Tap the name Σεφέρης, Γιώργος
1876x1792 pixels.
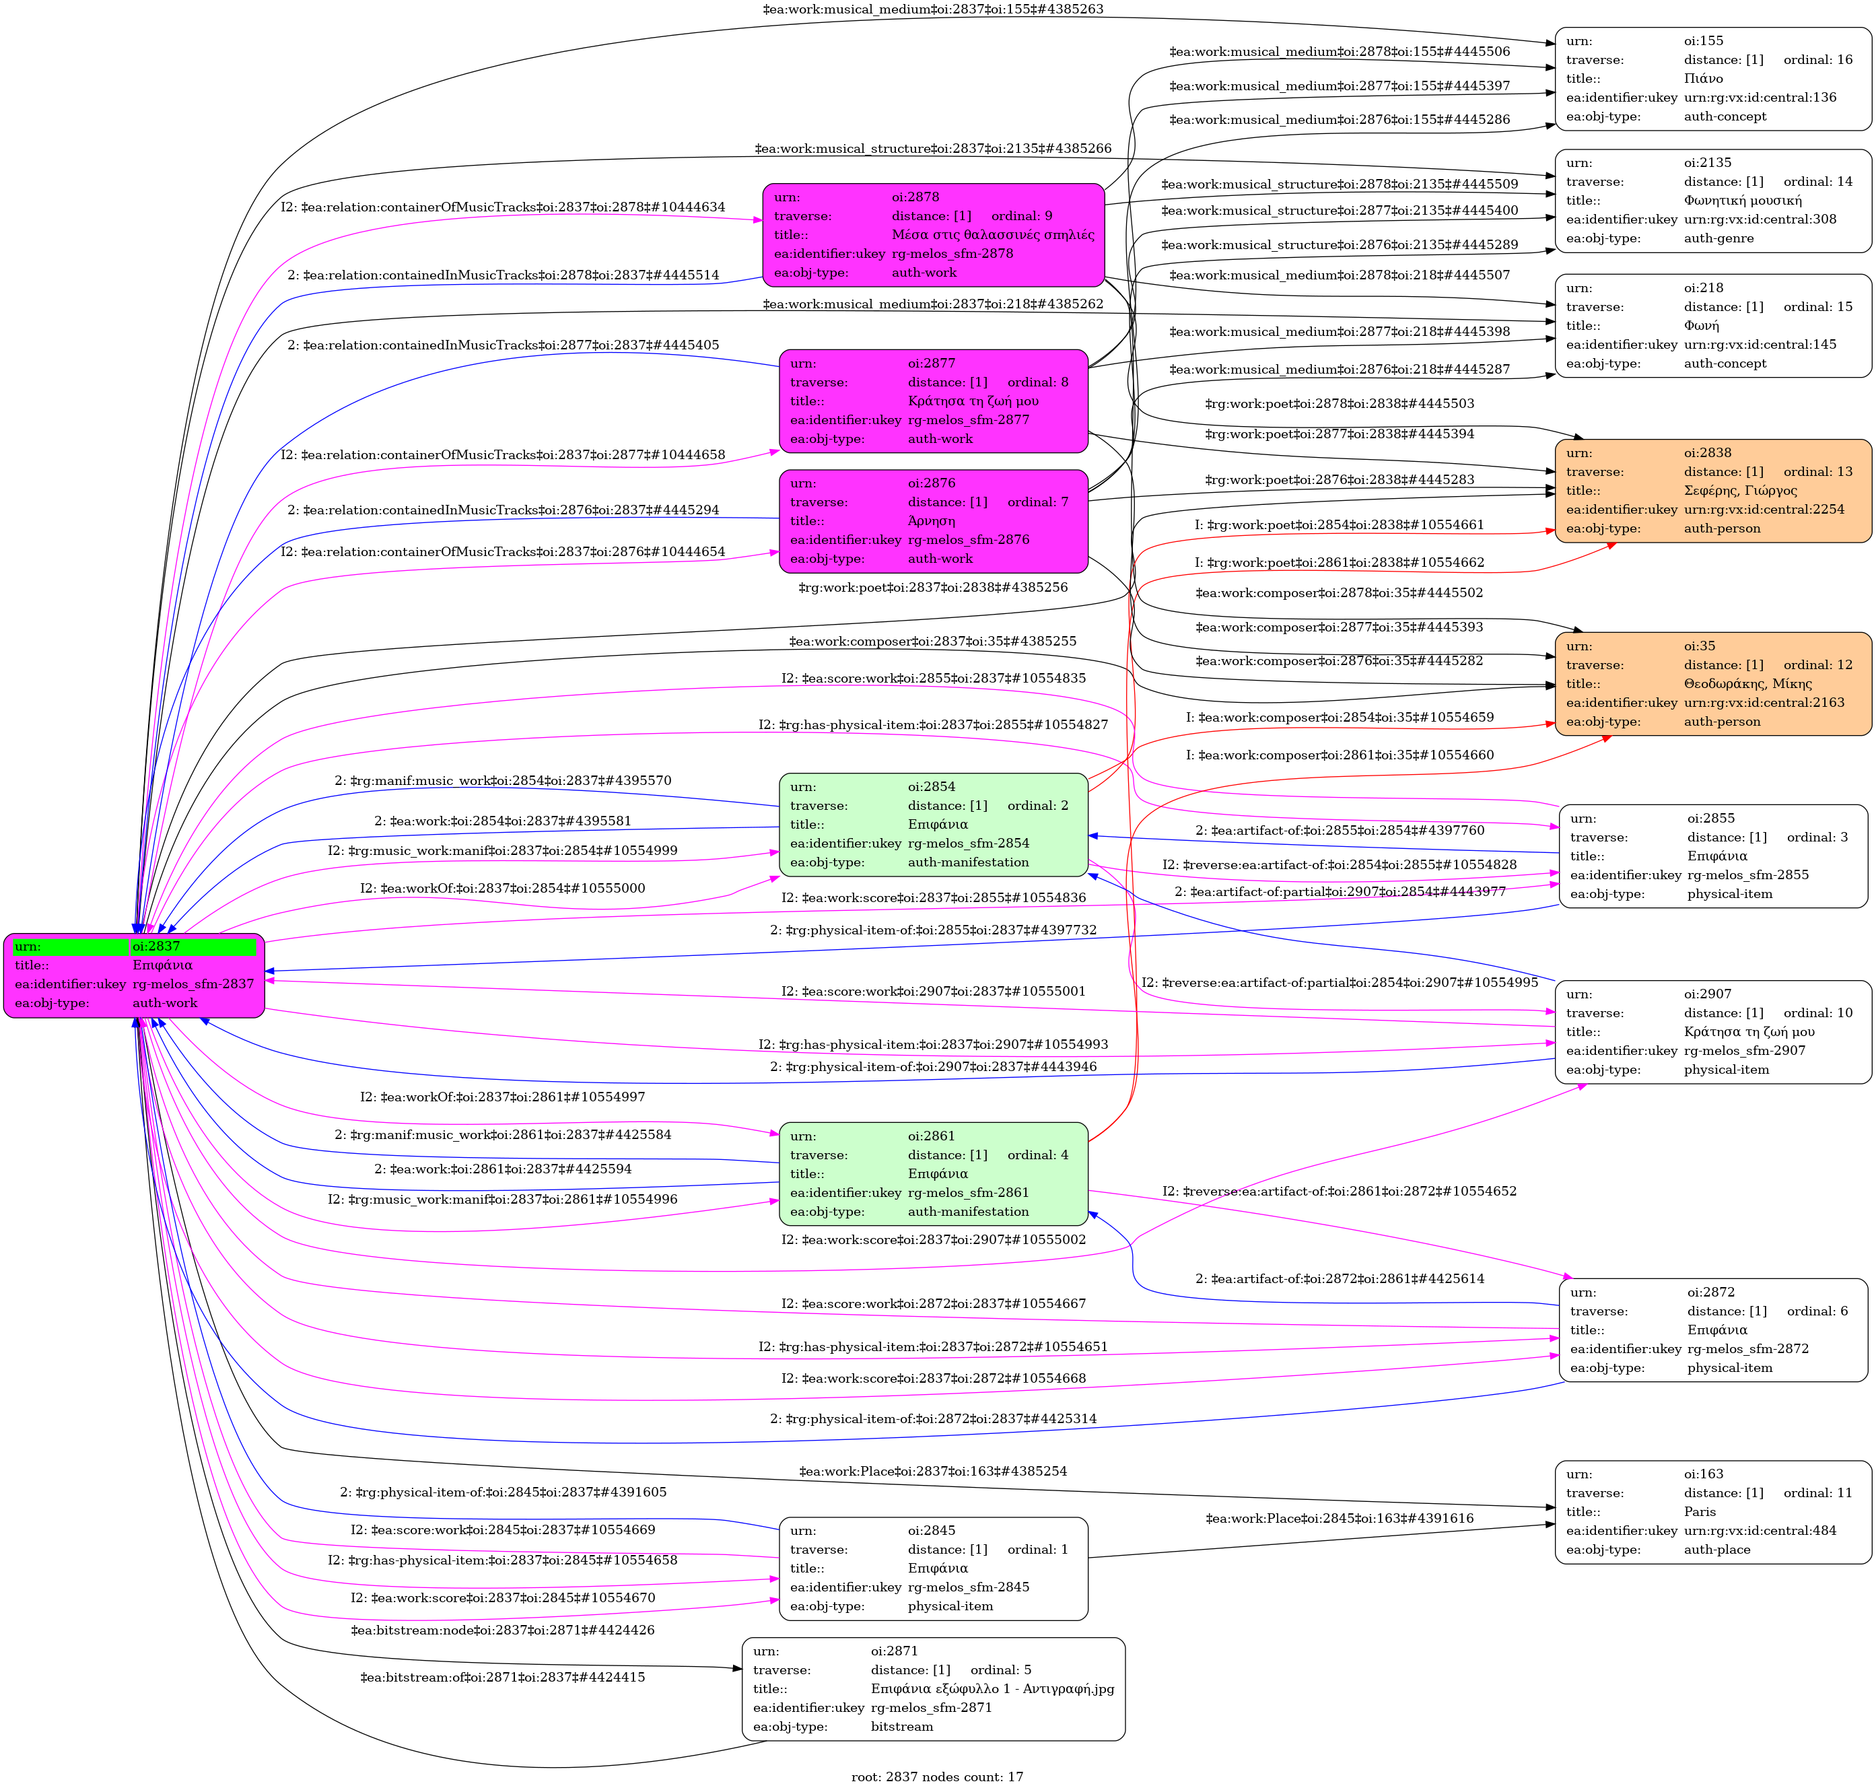pyautogui.click(x=1740, y=491)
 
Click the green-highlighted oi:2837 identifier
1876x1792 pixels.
pyautogui.click(x=193, y=946)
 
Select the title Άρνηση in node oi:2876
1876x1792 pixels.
pyautogui.click(x=932, y=520)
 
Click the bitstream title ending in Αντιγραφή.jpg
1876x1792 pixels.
pyautogui.click(x=992, y=1689)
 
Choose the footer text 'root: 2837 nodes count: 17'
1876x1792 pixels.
pyautogui.click(x=937, y=1777)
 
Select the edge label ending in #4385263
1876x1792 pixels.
pyautogui.click(x=933, y=9)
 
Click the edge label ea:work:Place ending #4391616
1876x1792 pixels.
pyautogui.click(x=1339, y=1518)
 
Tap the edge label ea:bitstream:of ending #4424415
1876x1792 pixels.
pyautogui.click(x=502, y=1678)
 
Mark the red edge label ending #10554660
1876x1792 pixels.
pyautogui.click(x=1339, y=755)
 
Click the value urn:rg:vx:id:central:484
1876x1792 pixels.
pyautogui.click(x=1760, y=1530)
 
